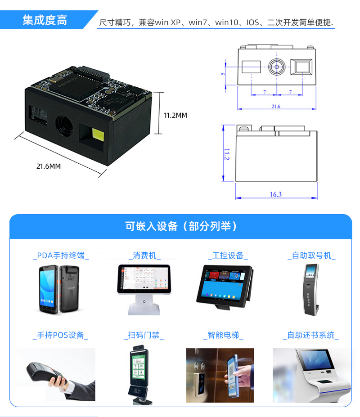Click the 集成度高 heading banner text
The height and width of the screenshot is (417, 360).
(45, 20)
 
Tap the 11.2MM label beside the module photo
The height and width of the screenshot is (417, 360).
(175, 116)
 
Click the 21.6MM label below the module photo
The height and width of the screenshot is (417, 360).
(49, 166)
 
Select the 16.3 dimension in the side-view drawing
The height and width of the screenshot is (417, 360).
(276, 194)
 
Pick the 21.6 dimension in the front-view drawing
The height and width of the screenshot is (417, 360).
(276, 106)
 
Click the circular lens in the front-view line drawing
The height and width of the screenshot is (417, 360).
(277, 67)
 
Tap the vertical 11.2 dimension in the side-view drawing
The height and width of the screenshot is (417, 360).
(226, 154)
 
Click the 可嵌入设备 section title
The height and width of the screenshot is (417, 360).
(180, 226)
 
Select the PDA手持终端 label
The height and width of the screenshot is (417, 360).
(61, 256)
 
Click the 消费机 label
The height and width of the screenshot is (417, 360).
(144, 256)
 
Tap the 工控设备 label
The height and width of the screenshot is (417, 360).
(228, 256)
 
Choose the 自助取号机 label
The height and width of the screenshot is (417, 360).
(311, 256)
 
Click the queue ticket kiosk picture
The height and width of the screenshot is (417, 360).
(311, 290)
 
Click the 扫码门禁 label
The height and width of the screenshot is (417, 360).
(144, 335)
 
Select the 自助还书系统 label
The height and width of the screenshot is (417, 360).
(311, 335)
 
